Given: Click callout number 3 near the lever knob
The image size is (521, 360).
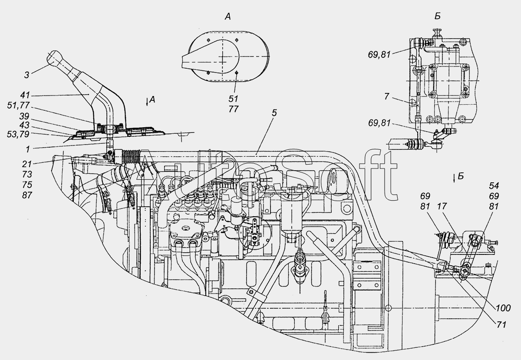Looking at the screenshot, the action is coord(27,75).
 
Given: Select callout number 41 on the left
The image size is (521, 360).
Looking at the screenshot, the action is coord(25,96).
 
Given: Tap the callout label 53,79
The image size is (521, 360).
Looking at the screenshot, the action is coord(18,135).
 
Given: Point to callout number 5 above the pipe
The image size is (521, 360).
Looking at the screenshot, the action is coord(274,113).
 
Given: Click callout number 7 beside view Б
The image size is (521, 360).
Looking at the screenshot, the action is coord(386,96).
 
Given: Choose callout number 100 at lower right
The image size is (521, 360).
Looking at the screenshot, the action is coord(503,308).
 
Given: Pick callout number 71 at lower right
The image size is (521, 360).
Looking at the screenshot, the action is coord(501,325).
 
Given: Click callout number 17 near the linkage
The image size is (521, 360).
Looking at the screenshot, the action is coord(442,206).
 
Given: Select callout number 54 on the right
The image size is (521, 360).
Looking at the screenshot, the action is coord(494,186).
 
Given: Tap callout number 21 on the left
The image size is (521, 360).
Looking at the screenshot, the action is coord(27,164).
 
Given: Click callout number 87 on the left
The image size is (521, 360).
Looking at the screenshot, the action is coord(27,195).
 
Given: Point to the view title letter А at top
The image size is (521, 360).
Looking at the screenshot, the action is coord(228,17).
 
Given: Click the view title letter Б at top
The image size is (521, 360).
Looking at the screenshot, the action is coord(438,16).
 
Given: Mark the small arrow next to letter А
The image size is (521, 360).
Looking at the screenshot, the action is coord(147,102).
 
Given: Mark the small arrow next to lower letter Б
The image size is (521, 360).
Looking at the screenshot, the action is coord(454,179).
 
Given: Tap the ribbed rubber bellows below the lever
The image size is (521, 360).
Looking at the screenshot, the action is coord(131,156).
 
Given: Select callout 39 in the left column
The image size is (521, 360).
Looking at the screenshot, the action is coord(24,116).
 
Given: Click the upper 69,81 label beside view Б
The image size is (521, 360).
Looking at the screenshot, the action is coord(379,55).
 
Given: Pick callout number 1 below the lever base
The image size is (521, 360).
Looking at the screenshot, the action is coord(28,149).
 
